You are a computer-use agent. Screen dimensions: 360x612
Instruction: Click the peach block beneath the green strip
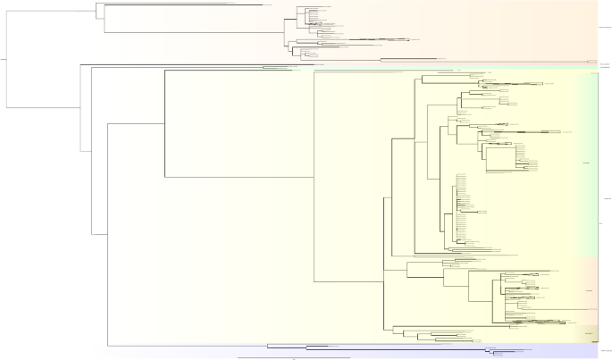585,290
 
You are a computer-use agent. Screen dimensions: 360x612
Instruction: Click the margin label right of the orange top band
604,28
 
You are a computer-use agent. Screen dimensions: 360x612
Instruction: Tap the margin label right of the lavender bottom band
605,349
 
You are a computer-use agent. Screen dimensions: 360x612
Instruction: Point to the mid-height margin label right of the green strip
605,198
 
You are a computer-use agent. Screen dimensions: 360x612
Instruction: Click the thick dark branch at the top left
179,5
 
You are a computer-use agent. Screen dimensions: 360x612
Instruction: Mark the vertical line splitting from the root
8,59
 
